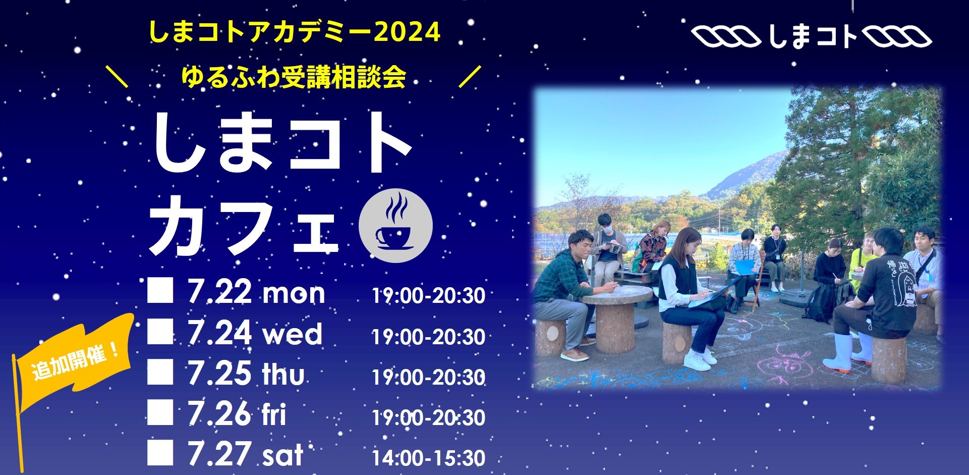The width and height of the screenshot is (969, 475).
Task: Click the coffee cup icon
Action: click(x=395, y=225)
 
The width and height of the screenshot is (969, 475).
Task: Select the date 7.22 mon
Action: click(x=256, y=292)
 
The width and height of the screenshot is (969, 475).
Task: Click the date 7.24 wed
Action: click(x=255, y=333)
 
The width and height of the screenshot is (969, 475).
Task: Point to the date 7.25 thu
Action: click(x=246, y=374)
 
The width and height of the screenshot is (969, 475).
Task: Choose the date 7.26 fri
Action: click(x=237, y=414)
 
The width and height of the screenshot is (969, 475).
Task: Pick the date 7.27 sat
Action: click(x=246, y=454)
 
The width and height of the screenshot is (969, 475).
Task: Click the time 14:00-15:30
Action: click(x=429, y=458)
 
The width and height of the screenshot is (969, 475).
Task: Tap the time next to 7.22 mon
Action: click(x=429, y=296)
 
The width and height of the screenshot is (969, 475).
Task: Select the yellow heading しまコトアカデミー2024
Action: click(x=295, y=32)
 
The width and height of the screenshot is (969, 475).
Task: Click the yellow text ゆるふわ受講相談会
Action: click(x=294, y=77)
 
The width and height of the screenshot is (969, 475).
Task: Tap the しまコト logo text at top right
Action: click(x=813, y=36)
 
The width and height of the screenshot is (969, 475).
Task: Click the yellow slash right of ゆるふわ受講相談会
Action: click(x=470, y=77)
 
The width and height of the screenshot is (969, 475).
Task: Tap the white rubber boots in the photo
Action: click(x=843, y=352)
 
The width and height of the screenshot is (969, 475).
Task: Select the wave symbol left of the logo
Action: click(x=726, y=37)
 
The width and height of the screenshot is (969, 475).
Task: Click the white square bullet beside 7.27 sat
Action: click(x=160, y=452)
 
